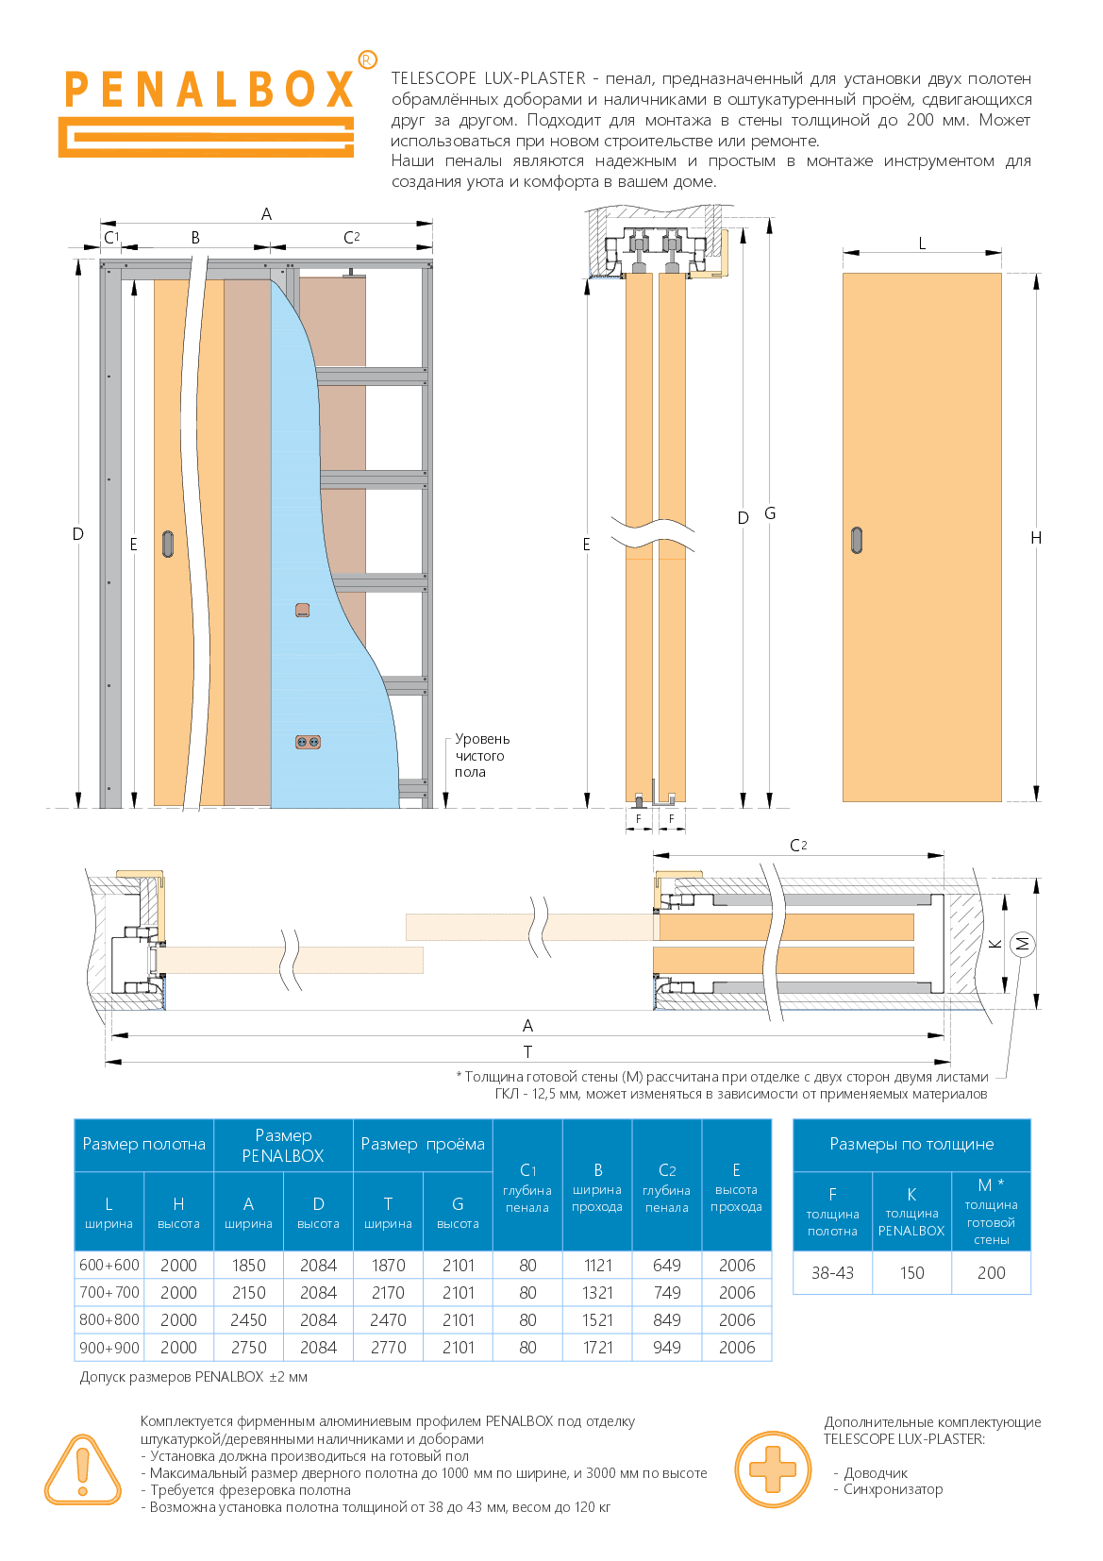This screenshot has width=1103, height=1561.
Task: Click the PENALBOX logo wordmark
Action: click(209, 90)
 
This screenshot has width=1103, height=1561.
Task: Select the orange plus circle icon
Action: click(773, 1469)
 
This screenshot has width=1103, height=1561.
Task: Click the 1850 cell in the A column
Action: click(249, 1265)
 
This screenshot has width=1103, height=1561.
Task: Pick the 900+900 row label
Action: click(109, 1347)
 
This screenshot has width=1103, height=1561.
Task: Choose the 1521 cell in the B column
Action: click(597, 1320)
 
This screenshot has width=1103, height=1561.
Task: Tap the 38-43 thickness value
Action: click(832, 1272)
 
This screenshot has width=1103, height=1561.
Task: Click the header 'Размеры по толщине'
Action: click(911, 1144)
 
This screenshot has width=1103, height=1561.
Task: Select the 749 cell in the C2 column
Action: click(667, 1293)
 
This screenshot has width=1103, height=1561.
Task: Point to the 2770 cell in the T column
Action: click(388, 1347)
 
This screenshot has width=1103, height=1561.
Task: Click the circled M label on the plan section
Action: click(1022, 944)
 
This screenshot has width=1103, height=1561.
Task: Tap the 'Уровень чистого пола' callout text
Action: click(482, 755)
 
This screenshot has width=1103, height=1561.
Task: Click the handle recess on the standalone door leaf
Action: click(857, 540)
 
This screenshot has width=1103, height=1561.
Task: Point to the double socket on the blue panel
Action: click(308, 742)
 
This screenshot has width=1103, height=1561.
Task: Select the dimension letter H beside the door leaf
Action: click(1036, 538)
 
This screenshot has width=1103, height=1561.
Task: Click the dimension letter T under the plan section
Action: click(527, 1051)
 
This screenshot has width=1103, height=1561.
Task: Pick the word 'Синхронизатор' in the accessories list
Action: click(894, 1489)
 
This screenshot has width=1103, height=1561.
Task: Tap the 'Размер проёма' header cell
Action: click(423, 1144)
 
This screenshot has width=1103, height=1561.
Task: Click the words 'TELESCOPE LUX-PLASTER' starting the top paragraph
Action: click(489, 78)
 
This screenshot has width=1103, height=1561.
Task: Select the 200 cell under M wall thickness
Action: click(991, 1272)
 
